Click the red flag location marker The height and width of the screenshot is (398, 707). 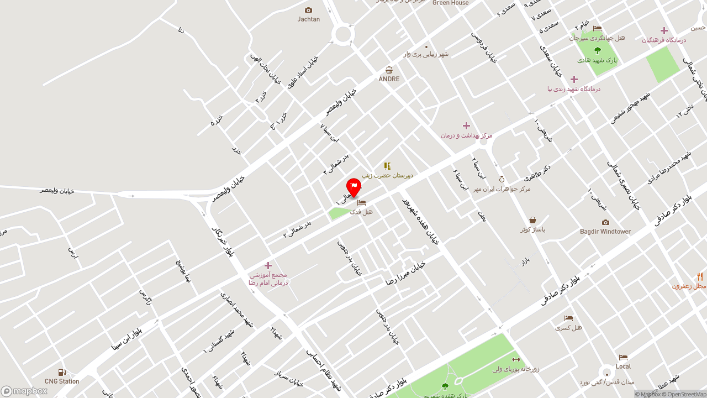pos(353,187)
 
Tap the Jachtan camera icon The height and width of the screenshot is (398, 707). pos(308,10)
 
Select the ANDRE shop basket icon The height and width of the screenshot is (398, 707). pos(389,70)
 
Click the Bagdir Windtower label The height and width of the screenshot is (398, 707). pos(605,232)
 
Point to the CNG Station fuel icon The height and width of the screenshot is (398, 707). pos(62,373)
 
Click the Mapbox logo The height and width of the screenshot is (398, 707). pos(24,391)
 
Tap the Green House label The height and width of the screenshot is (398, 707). pos(450,3)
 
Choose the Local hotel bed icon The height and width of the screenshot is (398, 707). pos(623,357)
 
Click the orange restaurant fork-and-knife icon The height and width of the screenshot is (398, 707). pos(700,277)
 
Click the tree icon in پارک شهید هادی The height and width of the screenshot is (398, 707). pos(597,50)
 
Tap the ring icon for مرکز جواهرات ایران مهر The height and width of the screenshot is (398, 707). pos(502,179)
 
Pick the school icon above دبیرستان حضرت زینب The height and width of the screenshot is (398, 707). pos(387,166)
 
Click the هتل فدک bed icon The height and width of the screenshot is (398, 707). pos(361,202)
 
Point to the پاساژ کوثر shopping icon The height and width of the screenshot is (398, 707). pos(532,220)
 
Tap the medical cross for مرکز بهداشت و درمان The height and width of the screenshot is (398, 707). pos(466,125)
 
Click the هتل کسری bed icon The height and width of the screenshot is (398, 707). pos(568,318)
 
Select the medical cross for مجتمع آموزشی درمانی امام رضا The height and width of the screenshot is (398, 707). pos(268,265)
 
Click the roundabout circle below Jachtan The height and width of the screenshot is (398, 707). pos(342,34)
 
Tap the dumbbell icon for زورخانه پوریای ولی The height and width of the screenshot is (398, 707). pos(516,359)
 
